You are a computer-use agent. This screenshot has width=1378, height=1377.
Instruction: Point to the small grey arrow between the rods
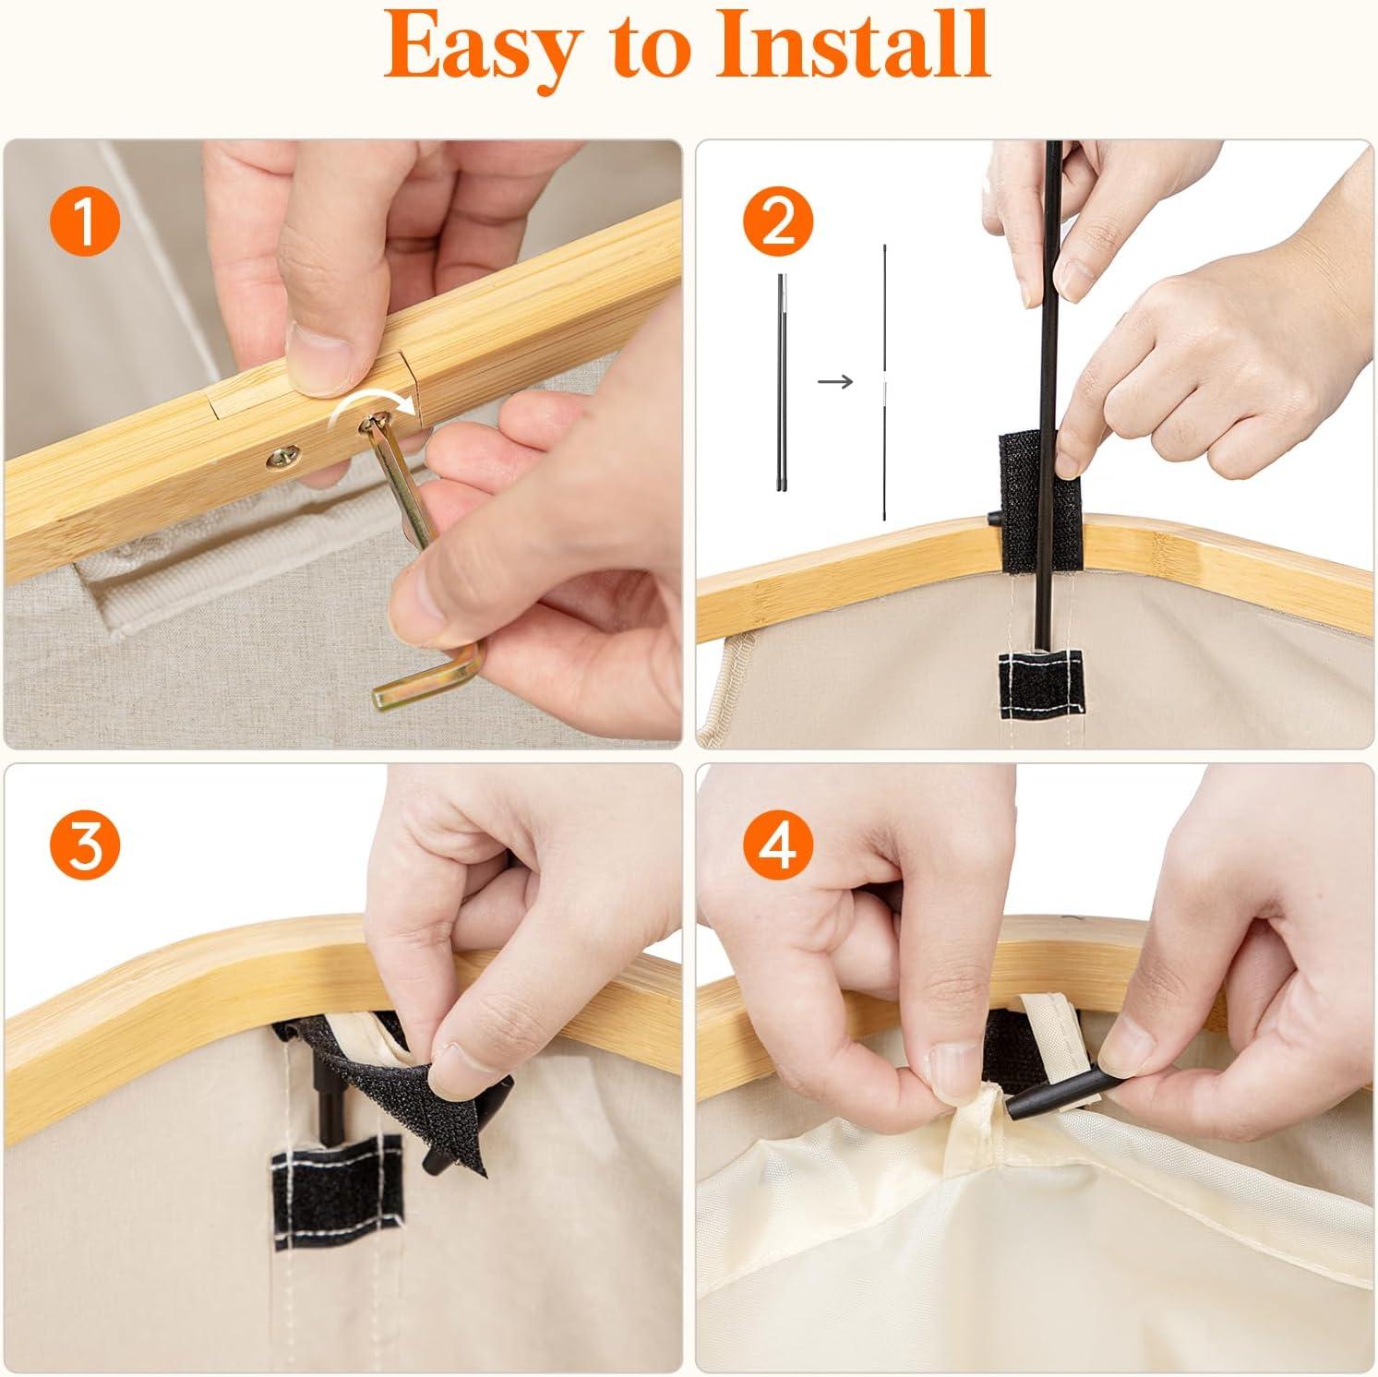click(835, 381)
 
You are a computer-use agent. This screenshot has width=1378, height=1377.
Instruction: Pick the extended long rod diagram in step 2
click(884, 381)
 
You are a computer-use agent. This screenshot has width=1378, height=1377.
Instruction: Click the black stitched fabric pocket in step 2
click(1042, 680)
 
